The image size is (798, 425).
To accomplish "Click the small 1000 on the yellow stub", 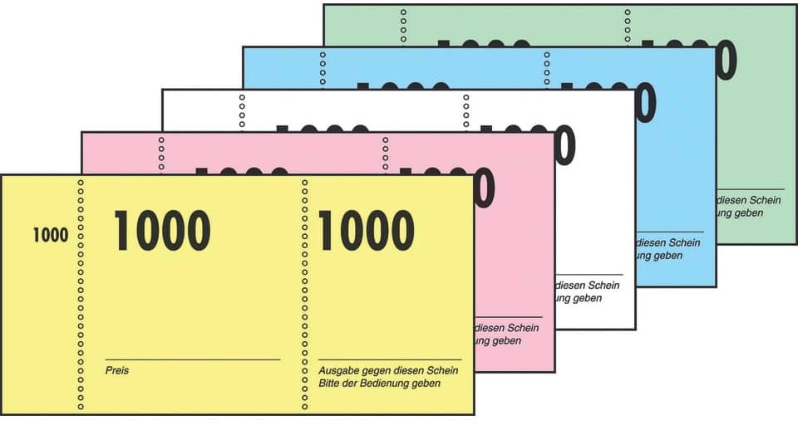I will [x=50, y=235].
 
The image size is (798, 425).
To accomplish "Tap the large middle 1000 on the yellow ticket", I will [x=162, y=231].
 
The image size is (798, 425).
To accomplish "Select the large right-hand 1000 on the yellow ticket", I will [x=366, y=231].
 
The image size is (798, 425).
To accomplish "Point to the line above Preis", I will [x=193, y=359].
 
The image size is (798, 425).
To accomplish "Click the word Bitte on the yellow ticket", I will [x=330, y=383].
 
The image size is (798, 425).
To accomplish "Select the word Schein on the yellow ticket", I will [x=445, y=369].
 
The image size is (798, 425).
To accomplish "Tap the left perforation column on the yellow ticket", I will [x=81, y=295].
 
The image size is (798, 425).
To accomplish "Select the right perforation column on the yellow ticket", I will [x=305, y=295].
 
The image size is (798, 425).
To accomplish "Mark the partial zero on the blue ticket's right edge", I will [x=644, y=104].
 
